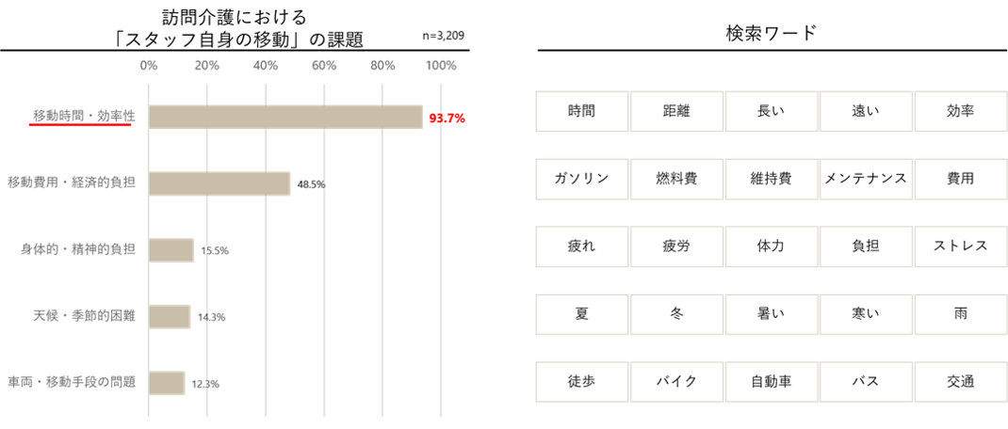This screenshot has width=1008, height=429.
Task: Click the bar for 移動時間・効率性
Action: click(285, 116)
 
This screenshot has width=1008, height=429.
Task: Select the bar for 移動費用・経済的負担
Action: click(219, 183)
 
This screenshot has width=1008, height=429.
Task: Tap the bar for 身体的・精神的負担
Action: click(171, 250)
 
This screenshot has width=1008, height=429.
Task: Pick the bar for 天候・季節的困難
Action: click(170, 316)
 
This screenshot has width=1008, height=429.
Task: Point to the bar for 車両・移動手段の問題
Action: click(167, 383)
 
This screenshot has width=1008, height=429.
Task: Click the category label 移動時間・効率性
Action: click(84, 115)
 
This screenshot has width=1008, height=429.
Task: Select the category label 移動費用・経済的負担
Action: click(71, 183)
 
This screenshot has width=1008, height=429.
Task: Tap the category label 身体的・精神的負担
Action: click(77, 249)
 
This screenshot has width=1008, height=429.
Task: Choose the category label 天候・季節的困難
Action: click(84, 315)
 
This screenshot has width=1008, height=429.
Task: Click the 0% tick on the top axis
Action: click(149, 66)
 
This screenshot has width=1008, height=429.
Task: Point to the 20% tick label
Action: click(207, 66)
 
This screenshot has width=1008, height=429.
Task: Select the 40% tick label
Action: click(266, 66)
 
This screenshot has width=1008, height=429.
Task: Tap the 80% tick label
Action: click(382, 66)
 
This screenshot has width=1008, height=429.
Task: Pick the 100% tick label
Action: click(441, 66)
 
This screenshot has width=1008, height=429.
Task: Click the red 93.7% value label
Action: click(447, 119)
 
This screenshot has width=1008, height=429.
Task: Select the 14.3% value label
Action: click(212, 317)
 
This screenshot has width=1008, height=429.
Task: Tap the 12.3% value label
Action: click(205, 384)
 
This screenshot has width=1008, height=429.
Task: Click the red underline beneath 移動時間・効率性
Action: click(80, 124)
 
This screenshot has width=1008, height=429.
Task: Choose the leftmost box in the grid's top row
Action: click(581, 111)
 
